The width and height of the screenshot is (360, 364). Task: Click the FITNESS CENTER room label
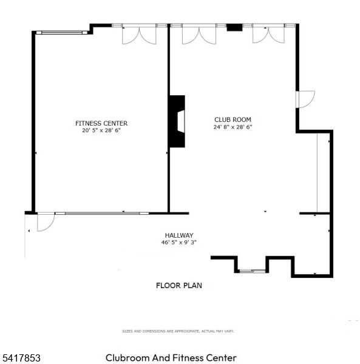[101, 123]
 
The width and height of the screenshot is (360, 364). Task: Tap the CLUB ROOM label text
[233, 120]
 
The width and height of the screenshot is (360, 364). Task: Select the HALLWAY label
[179, 235]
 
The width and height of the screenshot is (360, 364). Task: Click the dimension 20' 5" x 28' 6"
[101, 130]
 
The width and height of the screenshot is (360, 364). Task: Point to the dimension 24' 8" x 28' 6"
[233, 127]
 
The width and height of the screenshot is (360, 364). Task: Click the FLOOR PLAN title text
[179, 285]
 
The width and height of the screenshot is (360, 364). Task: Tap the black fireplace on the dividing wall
[177, 121]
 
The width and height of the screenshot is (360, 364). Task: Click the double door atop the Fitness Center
[138, 34]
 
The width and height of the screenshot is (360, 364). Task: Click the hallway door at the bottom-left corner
[45, 222]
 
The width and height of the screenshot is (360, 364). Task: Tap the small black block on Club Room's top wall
[234, 27]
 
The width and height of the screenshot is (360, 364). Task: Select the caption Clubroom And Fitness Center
[171, 359]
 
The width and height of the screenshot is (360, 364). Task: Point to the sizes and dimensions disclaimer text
[178, 331]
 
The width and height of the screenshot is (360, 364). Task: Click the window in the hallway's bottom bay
[252, 271]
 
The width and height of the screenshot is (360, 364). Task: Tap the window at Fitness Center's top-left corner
[61, 32]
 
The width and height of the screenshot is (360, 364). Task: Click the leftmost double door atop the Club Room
[199, 34]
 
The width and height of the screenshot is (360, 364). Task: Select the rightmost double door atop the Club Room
[268, 34]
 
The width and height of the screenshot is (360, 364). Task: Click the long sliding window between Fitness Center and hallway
[101, 213]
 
